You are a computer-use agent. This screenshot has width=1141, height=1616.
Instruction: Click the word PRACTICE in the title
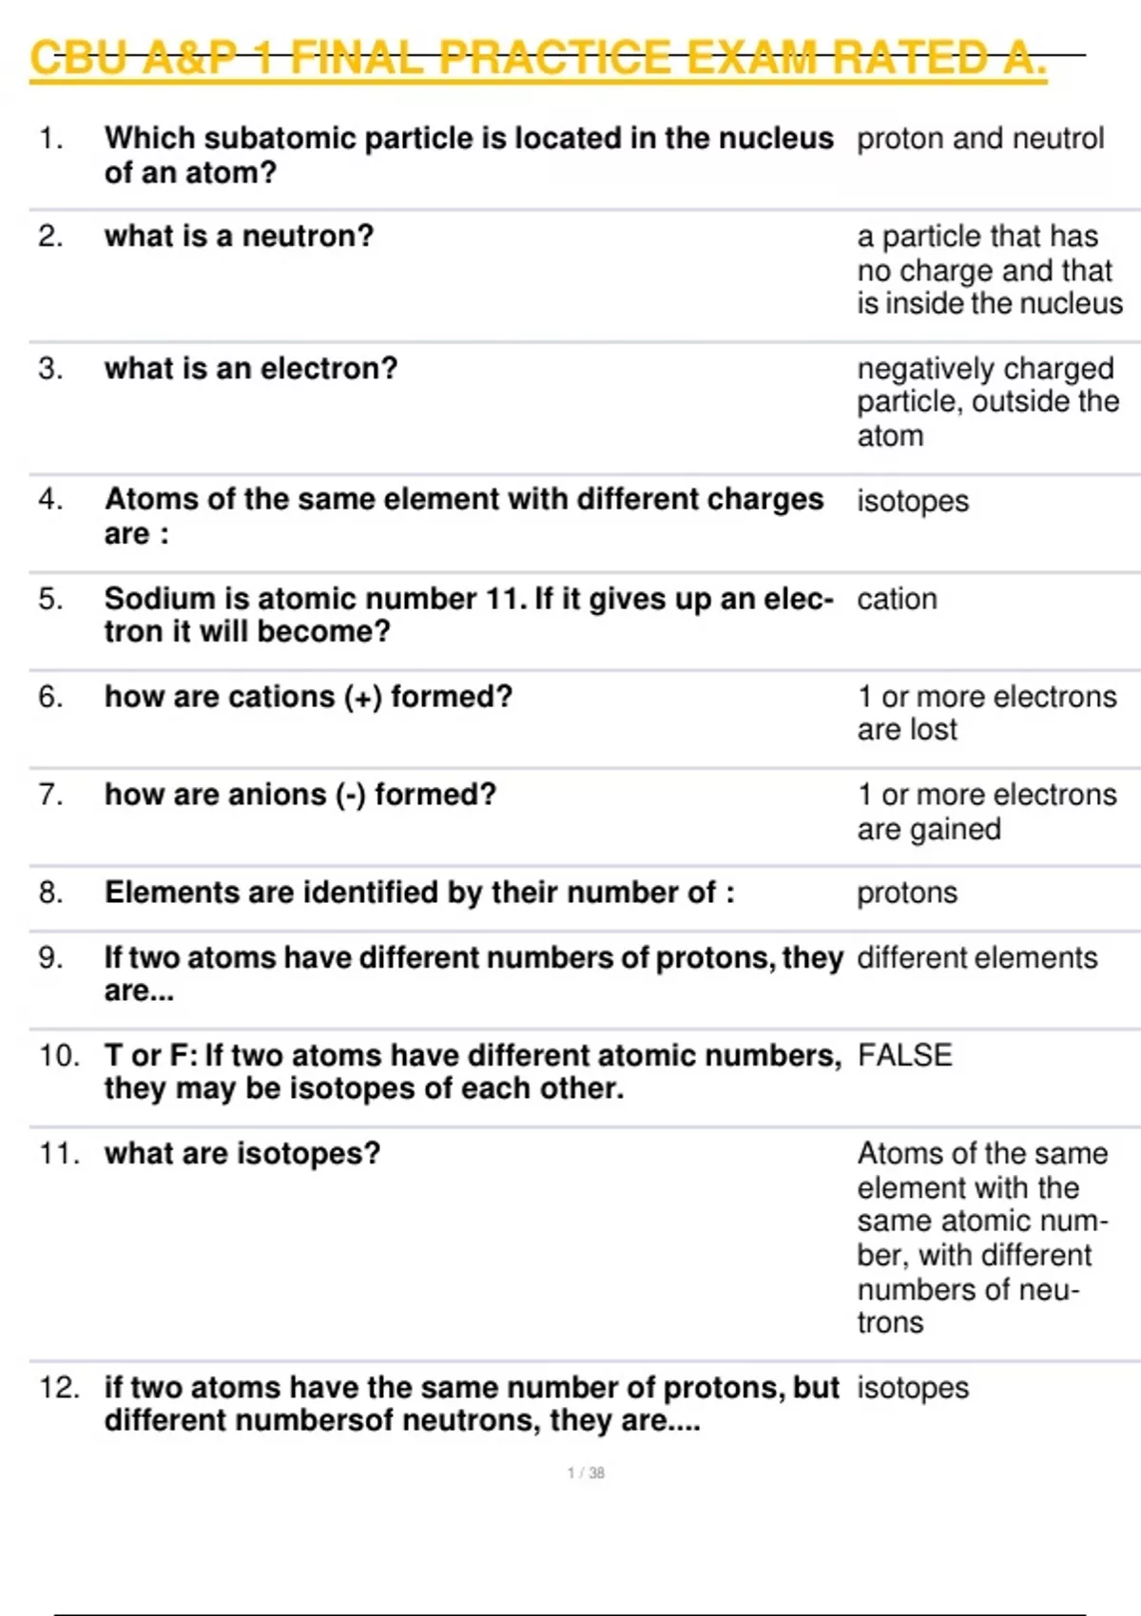point(554,59)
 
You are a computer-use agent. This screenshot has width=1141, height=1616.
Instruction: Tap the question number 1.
point(50,139)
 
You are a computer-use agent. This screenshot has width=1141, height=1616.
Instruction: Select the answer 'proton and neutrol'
point(979,139)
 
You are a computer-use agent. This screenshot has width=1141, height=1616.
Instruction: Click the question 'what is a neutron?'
point(239,236)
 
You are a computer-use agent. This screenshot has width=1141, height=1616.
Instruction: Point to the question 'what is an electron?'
point(251,368)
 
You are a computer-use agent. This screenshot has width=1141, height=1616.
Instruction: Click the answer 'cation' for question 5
point(897,599)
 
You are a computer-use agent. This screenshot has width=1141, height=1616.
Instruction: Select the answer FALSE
point(904,1055)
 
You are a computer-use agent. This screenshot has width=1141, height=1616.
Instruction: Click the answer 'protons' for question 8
point(907,893)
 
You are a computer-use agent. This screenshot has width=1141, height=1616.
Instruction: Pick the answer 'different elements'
point(977,957)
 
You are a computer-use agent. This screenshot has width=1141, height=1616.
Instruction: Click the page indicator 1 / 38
point(586,1472)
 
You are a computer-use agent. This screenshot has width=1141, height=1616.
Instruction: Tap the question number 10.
point(59,1055)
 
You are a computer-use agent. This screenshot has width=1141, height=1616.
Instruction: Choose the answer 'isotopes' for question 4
point(913,501)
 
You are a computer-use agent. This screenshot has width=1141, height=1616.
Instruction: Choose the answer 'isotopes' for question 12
point(913,1388)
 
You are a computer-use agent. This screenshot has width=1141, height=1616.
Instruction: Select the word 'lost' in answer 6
point(936,730)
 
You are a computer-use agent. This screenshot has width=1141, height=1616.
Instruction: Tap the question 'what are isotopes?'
point(242,1153)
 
